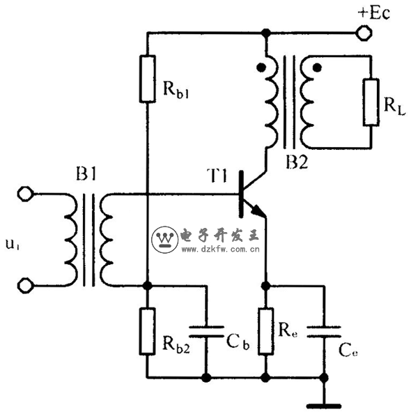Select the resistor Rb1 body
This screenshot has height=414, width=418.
point(147,79)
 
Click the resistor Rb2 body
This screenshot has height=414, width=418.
point(147,331)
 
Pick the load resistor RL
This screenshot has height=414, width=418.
point(371,102)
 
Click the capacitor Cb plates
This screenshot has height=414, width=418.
point(206,330)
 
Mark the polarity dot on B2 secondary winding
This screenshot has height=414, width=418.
point(318,68)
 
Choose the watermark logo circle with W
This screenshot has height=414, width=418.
point(165,239)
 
